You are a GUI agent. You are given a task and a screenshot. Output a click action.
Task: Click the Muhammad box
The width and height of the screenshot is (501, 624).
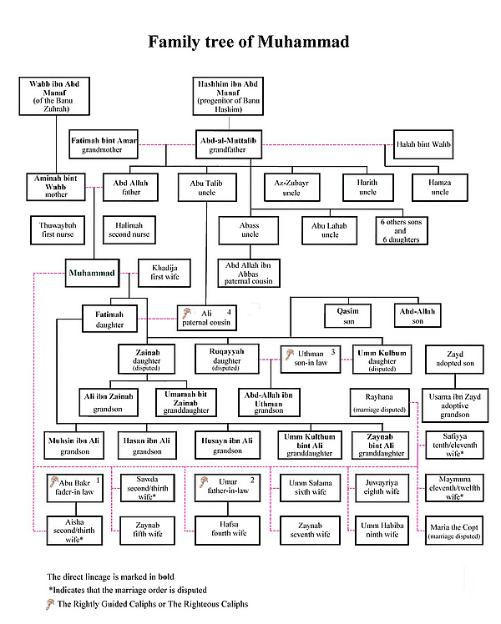point(93,273)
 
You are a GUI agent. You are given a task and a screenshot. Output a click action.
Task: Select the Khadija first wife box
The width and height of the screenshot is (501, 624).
point(164,273)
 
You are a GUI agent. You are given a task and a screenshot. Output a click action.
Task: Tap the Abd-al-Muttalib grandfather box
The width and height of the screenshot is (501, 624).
point(229,144)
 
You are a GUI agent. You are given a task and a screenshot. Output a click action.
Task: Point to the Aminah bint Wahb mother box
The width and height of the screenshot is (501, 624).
point(56,187)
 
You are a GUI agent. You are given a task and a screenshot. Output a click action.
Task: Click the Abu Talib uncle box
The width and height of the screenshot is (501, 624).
point(207,187)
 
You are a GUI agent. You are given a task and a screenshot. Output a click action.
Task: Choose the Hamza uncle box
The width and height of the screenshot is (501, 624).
point(440,187)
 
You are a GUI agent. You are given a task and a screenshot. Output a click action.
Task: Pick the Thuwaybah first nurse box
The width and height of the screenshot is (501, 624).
point(58,230)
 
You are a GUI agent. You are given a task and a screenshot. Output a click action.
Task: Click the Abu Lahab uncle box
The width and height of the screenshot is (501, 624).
point(329,230)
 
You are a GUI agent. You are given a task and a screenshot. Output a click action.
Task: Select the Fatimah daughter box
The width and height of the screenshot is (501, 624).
point(110,319)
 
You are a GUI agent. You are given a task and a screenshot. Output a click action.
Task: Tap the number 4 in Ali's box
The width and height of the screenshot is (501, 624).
point(229,312)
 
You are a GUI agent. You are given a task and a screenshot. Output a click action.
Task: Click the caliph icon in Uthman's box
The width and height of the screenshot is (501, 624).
point(290,354)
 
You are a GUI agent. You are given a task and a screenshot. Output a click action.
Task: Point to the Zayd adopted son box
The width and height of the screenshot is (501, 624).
point(454,360)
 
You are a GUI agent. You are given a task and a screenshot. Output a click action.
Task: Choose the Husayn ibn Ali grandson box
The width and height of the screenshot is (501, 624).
point(227,445)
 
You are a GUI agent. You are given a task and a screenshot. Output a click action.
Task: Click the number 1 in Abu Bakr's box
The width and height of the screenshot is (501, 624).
point(98,481)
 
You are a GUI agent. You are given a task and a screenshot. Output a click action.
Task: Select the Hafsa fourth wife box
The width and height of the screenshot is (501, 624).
point(227,531)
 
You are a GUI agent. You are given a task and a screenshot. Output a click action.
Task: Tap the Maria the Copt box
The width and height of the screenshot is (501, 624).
point(454,531)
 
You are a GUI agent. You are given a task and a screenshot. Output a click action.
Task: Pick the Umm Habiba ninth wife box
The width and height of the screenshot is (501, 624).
point(382,531)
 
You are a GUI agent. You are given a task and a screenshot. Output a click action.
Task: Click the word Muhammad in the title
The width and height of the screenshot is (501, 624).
point(303,42)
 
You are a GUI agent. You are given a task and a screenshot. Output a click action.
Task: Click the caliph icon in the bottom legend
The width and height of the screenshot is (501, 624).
point(50,604)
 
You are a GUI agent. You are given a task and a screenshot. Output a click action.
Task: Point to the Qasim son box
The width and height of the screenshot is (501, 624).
point(348,316)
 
